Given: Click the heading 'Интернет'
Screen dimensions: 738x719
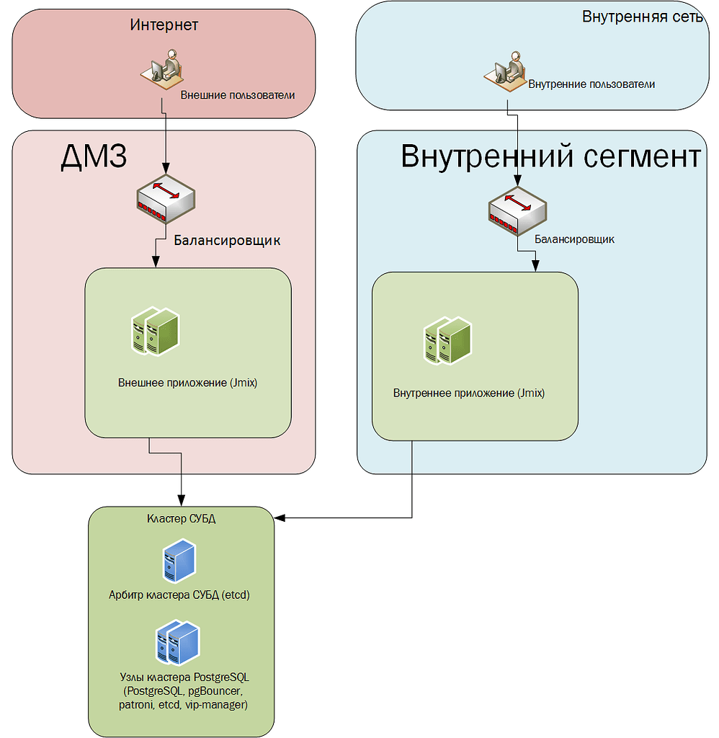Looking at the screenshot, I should tap(164, 25).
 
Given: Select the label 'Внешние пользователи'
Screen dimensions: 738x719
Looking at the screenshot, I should tap(237, 94).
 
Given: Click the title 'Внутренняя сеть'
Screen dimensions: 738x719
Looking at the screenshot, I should tap(642, 17).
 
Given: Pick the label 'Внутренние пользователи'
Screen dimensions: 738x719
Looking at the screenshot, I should tap(591, 84).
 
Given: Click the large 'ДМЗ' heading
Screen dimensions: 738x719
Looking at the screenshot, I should tap(94, 157).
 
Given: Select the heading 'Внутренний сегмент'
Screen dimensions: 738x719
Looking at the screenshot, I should tap(550, 156).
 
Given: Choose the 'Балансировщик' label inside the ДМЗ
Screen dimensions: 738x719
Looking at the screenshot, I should tap(227, 241).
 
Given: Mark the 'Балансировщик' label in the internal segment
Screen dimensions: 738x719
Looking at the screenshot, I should tap(574, 239).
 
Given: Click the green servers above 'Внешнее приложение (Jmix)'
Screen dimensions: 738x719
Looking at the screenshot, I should tap(155, 332).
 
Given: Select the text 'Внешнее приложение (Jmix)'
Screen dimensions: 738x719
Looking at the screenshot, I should tap(187, 383).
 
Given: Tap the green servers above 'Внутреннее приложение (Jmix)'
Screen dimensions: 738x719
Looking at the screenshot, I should tap(447, 340).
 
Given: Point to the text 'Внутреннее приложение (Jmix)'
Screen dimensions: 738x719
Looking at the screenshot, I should tap(469, 394).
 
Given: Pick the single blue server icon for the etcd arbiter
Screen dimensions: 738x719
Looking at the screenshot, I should tap(179, 561).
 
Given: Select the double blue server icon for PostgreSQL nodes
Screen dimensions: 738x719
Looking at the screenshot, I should tap(177, 643).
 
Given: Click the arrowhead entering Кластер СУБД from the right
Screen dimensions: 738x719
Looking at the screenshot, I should tap(279, 517).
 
